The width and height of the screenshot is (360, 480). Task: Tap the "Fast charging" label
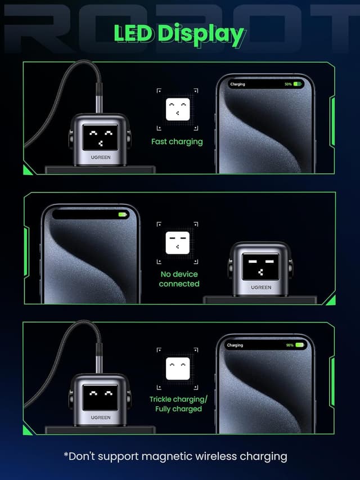tap(177, 142)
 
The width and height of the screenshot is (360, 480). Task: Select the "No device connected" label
tap(179, 279)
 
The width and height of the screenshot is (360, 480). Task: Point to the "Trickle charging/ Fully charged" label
tap(178, 404)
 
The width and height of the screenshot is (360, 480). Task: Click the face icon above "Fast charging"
tap(178, 109)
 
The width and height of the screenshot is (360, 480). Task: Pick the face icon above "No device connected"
tap(178, 243)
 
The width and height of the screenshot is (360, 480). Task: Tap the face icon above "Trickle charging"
tap(178, 368)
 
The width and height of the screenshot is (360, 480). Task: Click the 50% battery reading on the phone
tap(288, 84)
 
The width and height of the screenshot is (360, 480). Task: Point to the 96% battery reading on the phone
tap(290, 345)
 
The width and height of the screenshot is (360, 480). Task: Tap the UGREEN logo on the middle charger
tap(261, 288)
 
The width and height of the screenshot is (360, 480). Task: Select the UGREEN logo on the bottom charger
tap(101, 418)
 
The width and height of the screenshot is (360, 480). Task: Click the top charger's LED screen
tap(101, 137)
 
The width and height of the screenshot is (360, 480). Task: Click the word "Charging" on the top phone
tap(238, 84)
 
